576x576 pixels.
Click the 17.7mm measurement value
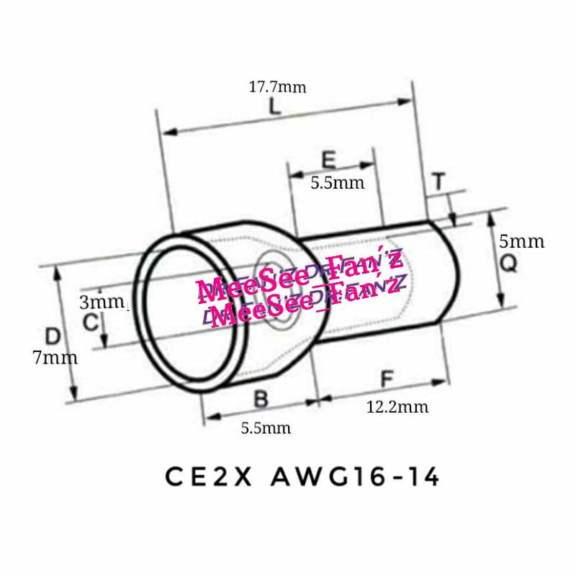point(278,88)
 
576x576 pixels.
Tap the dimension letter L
point(274,108)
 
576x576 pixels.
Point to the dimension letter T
point(439,182)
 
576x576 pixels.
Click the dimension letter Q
point(508,264)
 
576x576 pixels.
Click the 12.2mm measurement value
point(397,407)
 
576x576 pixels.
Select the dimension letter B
point(261,398)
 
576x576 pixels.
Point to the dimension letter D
point(52,336)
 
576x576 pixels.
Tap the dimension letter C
point(90,323)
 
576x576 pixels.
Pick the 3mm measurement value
point(102,302)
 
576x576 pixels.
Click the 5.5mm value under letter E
point(338,183)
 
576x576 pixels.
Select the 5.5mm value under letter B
point(266,428)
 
